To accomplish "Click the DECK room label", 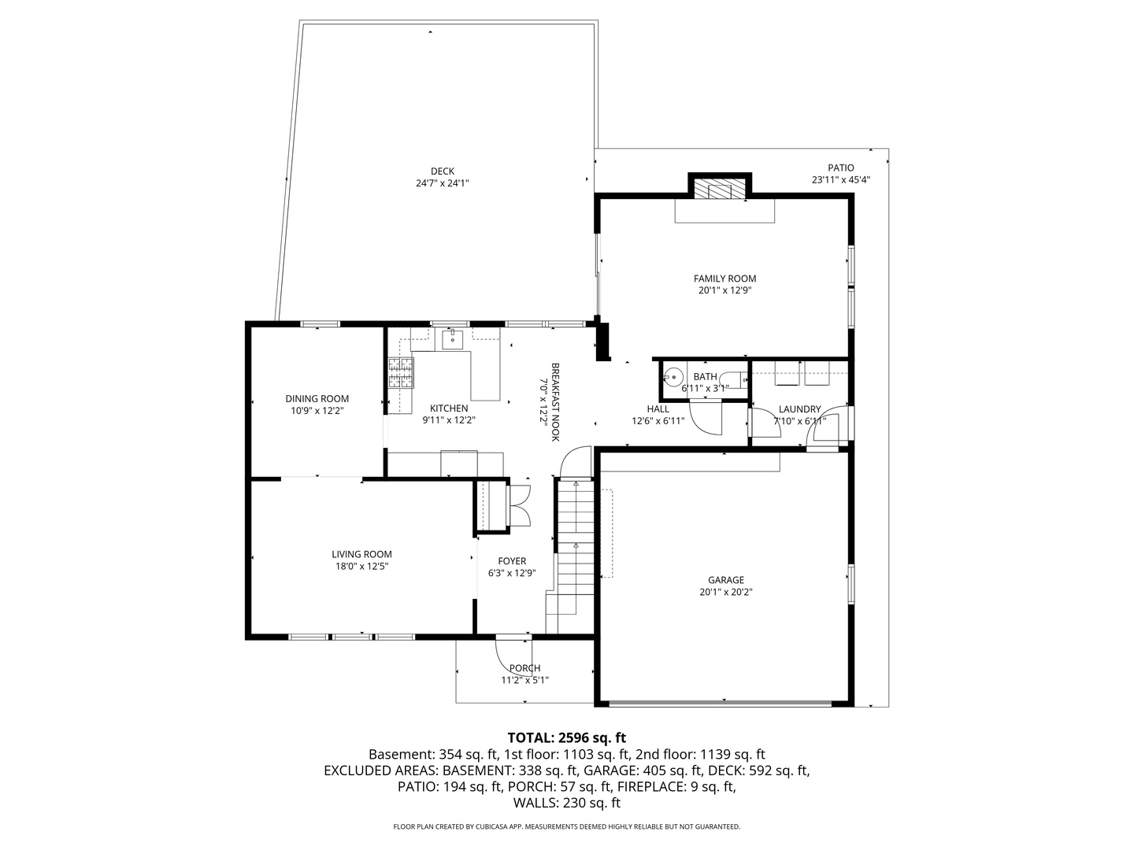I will point(442,172).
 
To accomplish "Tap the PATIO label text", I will point(840,168).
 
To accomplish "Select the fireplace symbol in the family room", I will point(719,190).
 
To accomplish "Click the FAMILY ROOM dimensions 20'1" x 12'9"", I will point(724,290).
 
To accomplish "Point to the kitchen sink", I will point(452,340).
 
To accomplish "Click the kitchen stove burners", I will point(399,373).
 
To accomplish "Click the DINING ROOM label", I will point(317,399).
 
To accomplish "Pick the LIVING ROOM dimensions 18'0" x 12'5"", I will point(361,566).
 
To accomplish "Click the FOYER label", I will point(512,561).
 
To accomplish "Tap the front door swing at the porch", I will point(509,653).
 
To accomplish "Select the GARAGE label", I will point(725,580).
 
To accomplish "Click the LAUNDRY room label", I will point(799,409).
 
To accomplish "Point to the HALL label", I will point(658,409).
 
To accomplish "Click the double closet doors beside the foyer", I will point(521,504).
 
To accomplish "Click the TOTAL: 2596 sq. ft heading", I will point(566,737).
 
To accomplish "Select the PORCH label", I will point(524,668).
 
